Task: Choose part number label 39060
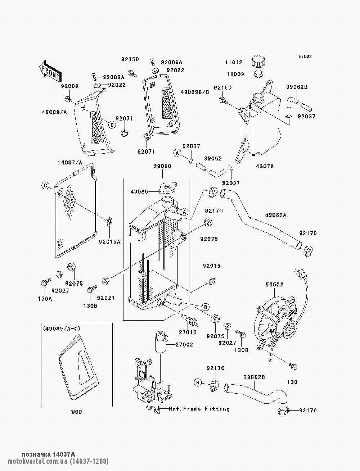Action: tap(162, 166)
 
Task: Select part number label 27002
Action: tap(184, 344)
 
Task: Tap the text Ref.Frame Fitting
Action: tap(199, 409)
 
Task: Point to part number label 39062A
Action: tap(276, 215)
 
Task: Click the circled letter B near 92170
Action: tap(198, 382)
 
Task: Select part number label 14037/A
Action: tap(69, 163)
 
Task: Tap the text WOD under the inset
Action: tap(76, 412)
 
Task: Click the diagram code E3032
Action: tap(305, 56)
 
